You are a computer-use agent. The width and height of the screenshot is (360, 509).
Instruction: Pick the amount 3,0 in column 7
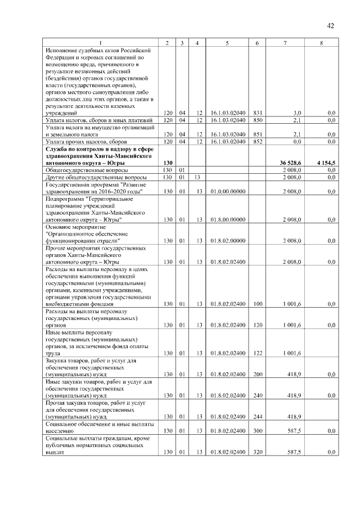coord(297,113)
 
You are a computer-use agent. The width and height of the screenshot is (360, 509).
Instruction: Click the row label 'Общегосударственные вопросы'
coord(87,170)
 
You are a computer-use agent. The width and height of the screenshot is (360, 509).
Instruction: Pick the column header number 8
coord(321,43)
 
